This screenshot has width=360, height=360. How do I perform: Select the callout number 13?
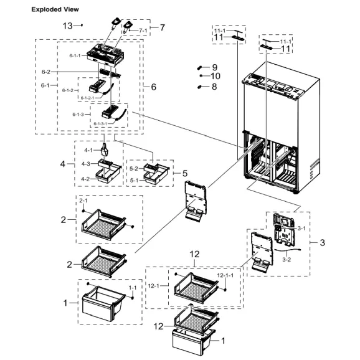click(68, 26)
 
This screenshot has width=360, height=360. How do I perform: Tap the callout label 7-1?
click(143, 30)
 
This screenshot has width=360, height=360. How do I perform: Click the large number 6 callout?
click(153, 87)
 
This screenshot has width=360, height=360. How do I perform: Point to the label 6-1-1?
click(74, 56)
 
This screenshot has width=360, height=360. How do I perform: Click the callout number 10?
click(216, 76)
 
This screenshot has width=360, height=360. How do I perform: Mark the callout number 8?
click(214, 87)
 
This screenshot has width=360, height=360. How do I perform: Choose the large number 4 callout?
click(63, 164)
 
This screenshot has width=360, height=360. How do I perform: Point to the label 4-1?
click(88, 150)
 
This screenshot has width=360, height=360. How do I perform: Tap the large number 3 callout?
click(322, 242)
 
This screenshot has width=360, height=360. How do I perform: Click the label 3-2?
click(287, 258)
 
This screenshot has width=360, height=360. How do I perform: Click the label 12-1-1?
click(225, 275)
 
